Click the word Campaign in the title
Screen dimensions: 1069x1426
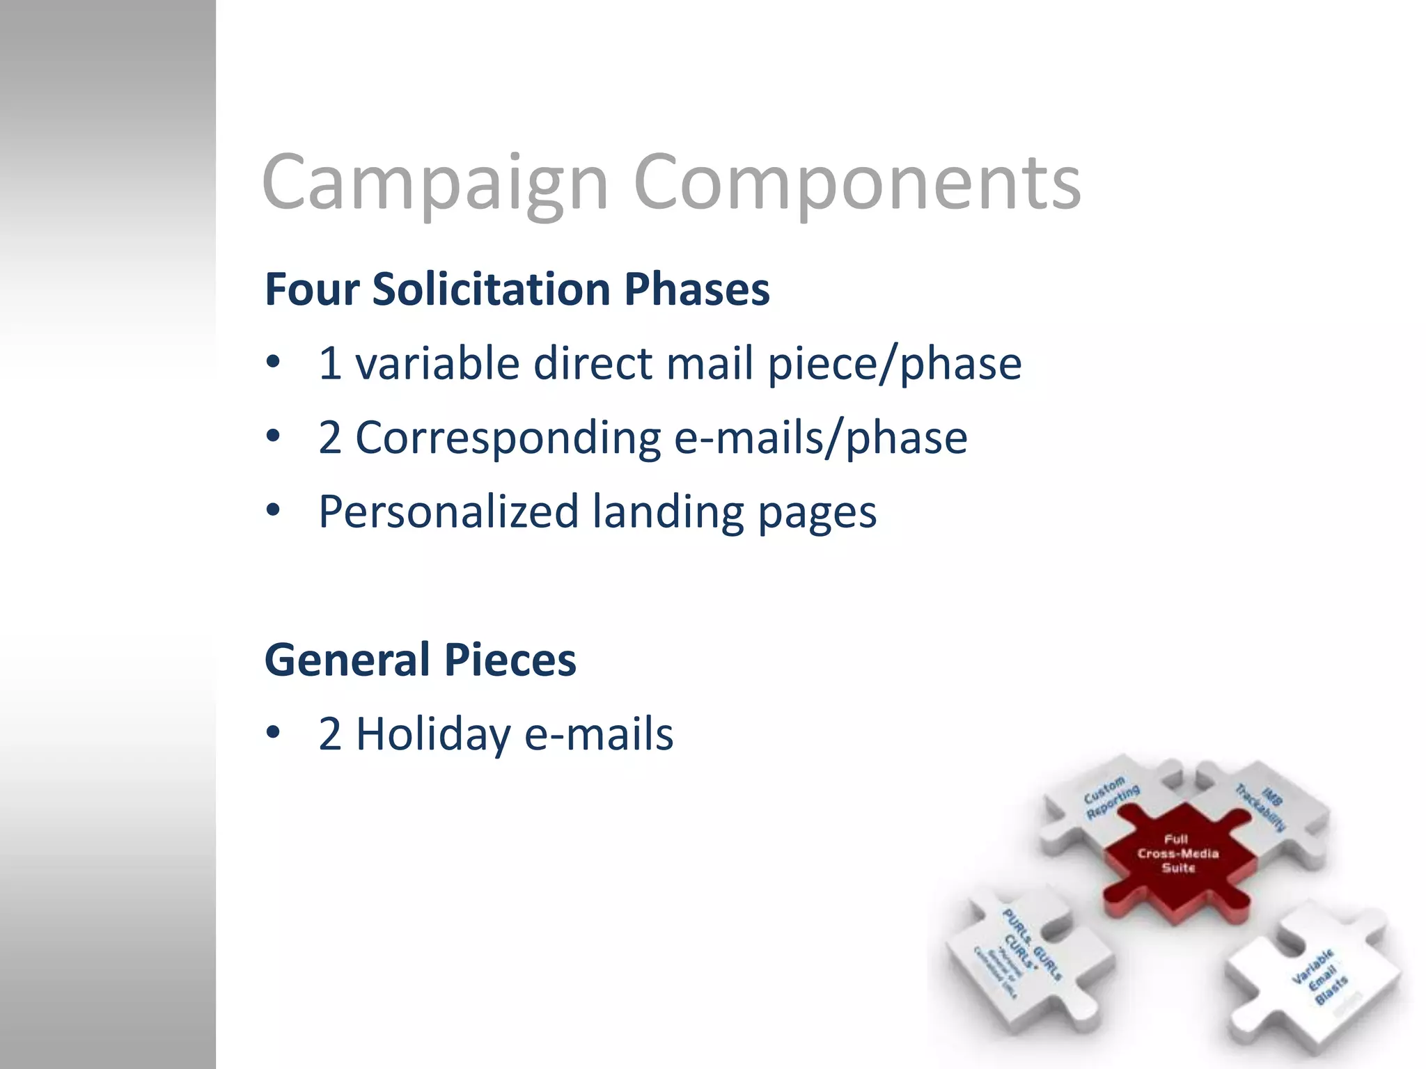(x=435, y=182)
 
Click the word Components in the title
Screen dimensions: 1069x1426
(x=857, y=182)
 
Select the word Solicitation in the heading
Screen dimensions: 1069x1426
(x=492, y=289)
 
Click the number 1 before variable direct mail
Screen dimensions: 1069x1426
(x=330, y=363)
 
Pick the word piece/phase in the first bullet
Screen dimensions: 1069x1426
(x=895, y=363)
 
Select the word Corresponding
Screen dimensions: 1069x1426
(x=508, y=438)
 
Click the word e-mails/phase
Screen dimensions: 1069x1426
(x=821, y=438)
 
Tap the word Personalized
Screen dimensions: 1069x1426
(x=448, y=512)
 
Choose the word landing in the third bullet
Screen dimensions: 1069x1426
(x=668, y=512)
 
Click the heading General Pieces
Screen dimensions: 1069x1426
(x=421, y=660)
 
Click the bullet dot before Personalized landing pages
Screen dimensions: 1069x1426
(x=273, y=510)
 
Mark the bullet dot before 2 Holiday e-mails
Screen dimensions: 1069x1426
(x=273, y=732)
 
